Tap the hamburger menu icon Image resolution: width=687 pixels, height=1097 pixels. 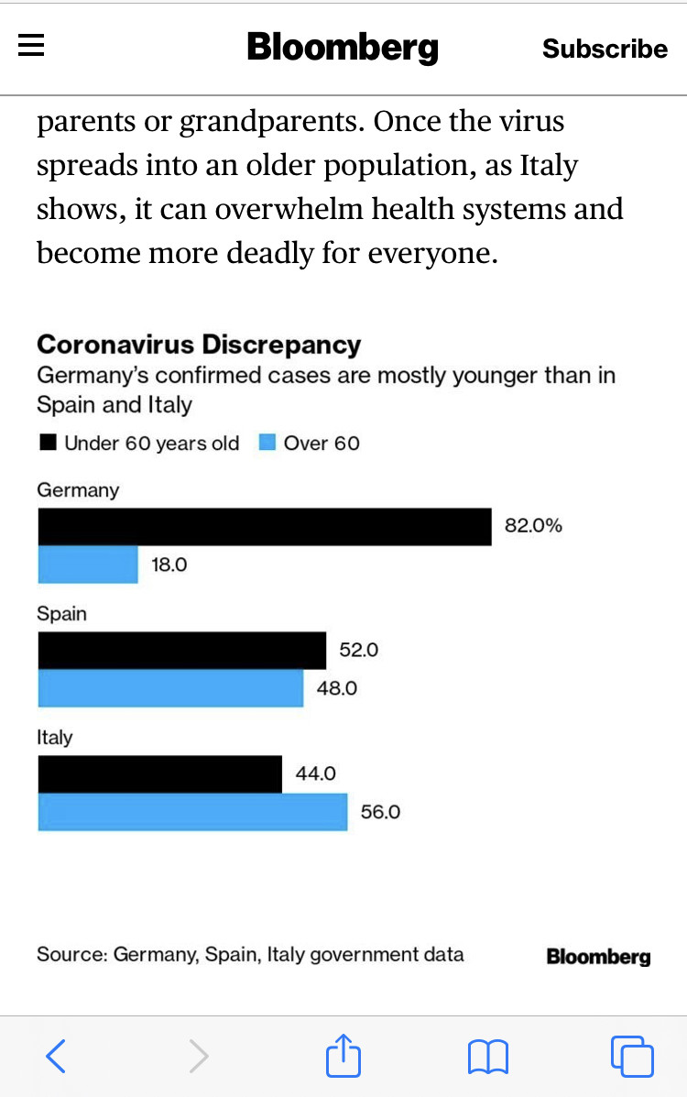pos(31,46)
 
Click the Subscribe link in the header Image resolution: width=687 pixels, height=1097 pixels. pos(605,49)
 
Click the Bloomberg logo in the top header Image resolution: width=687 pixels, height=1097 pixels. pos(343,48)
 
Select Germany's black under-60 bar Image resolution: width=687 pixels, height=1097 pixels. pos(264,527)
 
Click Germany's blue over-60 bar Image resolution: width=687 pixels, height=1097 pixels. pos(88,565)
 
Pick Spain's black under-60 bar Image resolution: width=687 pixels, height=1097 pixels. pos(181,651)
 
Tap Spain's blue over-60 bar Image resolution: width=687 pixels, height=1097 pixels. pos(170,688)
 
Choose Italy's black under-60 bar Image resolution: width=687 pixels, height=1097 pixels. pos(159,774)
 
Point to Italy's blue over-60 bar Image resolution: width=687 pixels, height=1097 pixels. pos(192,812)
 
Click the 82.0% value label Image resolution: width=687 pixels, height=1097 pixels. pos(533,526)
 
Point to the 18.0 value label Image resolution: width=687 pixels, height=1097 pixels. pos(169,565)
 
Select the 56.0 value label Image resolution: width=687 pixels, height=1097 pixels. pos(380,812)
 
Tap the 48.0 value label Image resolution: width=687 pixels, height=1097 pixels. pos(337,688)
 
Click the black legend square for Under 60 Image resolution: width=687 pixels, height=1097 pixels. pos(48,444)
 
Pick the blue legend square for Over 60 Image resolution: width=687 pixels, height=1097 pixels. pos(267,444)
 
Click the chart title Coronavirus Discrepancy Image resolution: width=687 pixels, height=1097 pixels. pos(199,345)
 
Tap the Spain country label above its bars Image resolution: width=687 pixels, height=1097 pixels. pos(61,614)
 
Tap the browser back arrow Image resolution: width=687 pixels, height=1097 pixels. pos(56,1057)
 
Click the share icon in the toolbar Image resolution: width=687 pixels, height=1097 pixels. pos(343,1055)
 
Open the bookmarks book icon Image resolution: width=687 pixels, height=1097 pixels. pos(487,1057)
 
